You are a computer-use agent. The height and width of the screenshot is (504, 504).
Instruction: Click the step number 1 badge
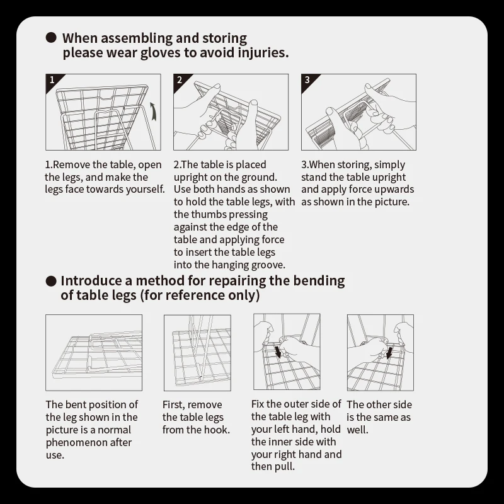click(x=52, y=80)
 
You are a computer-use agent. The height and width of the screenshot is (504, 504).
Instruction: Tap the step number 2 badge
click(x=180, y=80)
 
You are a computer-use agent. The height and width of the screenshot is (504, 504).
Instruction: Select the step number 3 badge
click(x=307, y=80)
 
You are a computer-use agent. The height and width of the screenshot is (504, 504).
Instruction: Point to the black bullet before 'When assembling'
click(x=52, y=38)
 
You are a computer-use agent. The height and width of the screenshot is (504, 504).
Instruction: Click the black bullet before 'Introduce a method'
click(x=52, y=280)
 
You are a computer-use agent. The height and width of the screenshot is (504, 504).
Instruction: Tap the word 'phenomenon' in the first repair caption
click(x=78, y=442)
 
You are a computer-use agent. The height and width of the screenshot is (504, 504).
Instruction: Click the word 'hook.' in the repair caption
click(x=216, y=430)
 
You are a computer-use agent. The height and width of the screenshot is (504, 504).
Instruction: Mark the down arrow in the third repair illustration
click(x=278, y=350)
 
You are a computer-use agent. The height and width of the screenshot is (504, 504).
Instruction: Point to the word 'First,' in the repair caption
click(x=175, y=404)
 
